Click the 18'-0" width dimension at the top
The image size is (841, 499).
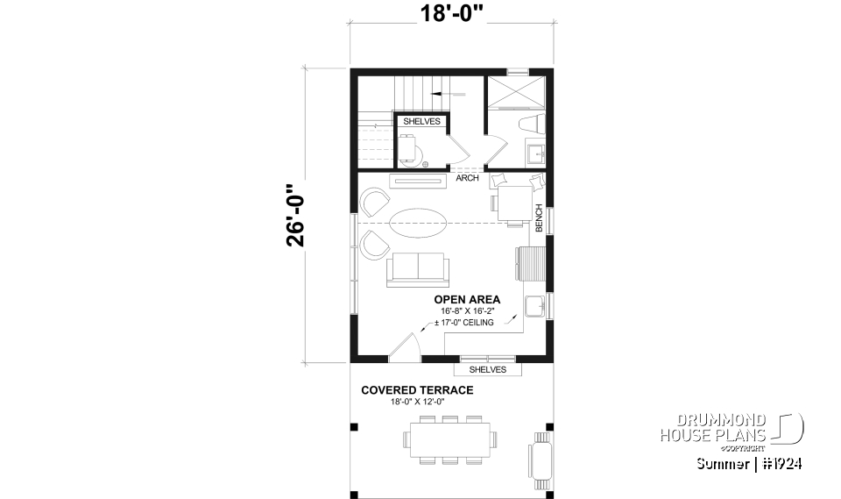coord(452,14)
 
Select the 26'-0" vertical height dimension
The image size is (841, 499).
coord(298,216)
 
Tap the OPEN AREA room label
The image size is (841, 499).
coord(468,300)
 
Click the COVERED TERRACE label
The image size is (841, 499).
coord(417,390)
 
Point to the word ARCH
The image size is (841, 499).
coord(467,179)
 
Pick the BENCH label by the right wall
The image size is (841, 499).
coord(540,218)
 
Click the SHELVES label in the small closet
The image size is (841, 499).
coord(421,122)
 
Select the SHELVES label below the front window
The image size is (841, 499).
coord(488,369)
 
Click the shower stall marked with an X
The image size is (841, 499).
coord(516,91)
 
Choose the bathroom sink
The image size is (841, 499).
coord(535,151)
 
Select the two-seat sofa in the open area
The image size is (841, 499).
coord(416,268)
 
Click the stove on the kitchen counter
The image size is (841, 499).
coord(531,260)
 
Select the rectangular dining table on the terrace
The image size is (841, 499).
coord(451,438)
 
